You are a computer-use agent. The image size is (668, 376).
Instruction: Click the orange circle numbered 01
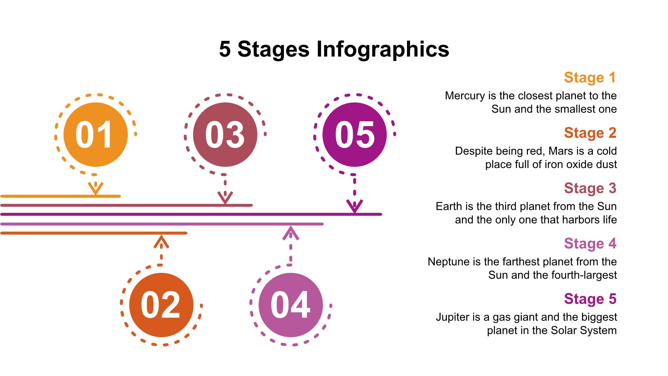[x=96, y=135]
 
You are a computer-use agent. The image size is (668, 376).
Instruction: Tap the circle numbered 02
[x=161, y=305]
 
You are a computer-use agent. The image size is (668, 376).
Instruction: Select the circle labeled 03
[x=225, y=135]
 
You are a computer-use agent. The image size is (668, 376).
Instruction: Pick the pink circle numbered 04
[x=291, y=305]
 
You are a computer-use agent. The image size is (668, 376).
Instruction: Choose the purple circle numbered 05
[x=355, y=135]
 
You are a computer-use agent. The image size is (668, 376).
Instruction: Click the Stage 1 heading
[x=590, y=77]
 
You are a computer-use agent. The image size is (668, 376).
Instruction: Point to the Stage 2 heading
[x=590, y=133]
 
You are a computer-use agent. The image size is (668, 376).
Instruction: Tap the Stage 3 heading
[x=590, y=188]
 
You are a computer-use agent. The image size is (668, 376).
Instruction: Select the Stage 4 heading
[x=590, y=244]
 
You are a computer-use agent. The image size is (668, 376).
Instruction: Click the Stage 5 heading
[x=590, y=299]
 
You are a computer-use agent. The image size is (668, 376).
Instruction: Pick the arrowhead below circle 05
[x=355, y=206]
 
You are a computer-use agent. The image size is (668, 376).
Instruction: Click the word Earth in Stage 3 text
[x=449, y=206]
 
